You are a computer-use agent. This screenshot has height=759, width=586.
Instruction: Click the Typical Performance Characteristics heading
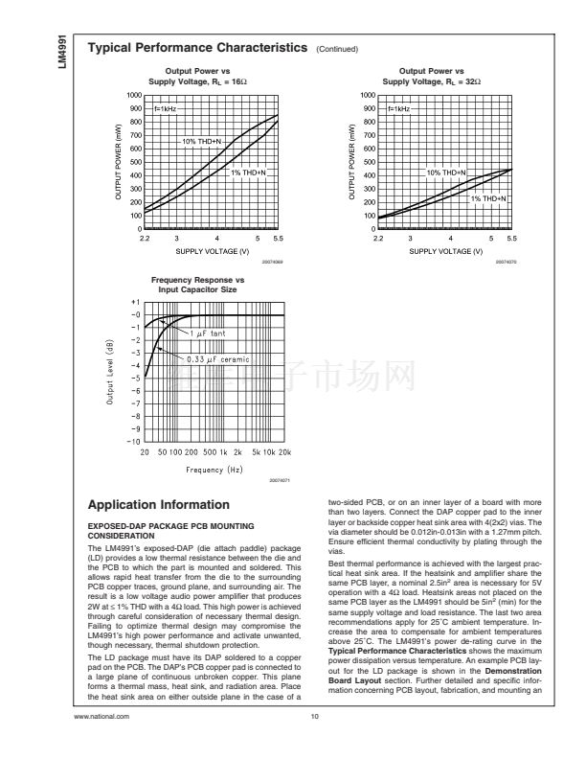pos(197,47)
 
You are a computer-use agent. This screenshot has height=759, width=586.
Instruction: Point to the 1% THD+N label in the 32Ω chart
pos(488,197)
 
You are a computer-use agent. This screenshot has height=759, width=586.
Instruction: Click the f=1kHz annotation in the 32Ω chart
pos(397,109)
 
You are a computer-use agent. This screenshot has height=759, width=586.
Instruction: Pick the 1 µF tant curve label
pos(205,333)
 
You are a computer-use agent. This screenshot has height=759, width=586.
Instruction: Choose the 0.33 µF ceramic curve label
pos(217,359)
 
